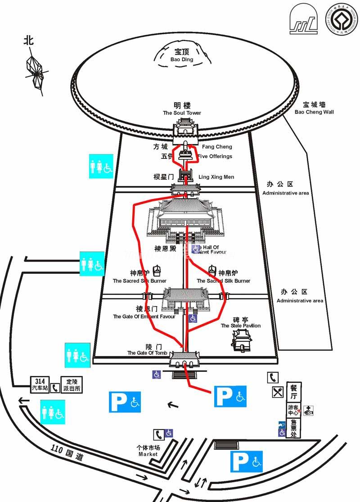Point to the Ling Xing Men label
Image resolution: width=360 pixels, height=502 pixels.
click(216, 177)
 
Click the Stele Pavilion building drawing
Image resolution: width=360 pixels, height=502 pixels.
click(242, 340)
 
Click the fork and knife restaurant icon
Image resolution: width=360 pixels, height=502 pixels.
click(278, 392)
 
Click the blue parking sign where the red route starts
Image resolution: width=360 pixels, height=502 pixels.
click(230, 396)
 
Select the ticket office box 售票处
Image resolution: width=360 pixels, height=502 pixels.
click(293, 428)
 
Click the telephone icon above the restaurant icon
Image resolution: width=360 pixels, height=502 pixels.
click(273, 377)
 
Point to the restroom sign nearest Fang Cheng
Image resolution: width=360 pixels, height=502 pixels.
click(101, 166)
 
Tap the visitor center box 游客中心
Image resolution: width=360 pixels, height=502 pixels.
click(293, 410)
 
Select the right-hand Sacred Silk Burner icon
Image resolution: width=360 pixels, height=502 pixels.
click(212, 271)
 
